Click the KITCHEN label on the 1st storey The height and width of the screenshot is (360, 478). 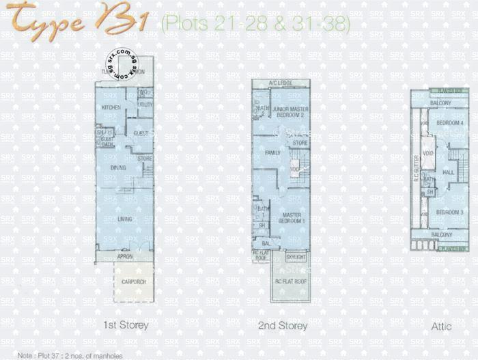tap(111, 108)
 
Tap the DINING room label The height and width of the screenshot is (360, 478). tap(118, 167)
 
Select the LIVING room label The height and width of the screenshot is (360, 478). tap(124, 219)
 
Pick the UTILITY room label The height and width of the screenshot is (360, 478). tap(145, 105)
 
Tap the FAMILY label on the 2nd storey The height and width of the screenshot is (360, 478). tap(273, 154)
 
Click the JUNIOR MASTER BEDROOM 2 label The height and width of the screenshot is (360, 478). tap(290, 112)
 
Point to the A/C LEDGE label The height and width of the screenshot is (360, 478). tap(280, 83)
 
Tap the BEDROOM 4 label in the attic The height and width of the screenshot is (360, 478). tap(450, 123)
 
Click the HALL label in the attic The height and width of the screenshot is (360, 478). tap(448, 173)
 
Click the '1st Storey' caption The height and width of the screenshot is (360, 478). tap(125, 325)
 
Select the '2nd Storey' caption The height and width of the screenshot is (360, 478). tap(282, 326)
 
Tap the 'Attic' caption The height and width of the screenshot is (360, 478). tap(441, 327)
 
